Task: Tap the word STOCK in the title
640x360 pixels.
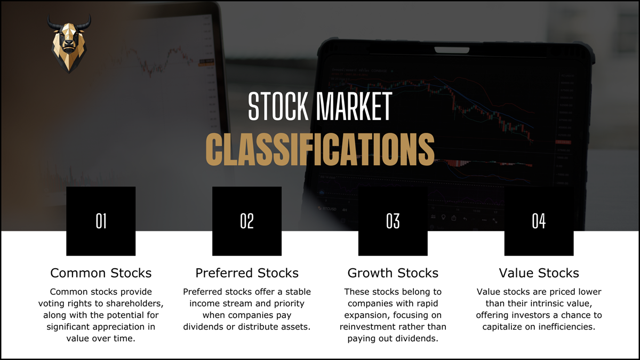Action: [x=278, y=107]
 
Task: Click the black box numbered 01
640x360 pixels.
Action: [x=101, y=221]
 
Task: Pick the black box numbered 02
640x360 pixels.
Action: [x=247, y=221]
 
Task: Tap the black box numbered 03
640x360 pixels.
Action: [x=393, y=221]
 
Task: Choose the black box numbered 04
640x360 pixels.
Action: [x=539, y=221]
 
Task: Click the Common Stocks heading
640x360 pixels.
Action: [x=101, y=273]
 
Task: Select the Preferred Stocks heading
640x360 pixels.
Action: [x=247, y=273]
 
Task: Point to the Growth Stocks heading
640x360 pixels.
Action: [x=393, y=273]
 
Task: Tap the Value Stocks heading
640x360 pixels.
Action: [x=539, y=273]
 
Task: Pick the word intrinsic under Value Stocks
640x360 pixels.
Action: [x=553, y=303]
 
